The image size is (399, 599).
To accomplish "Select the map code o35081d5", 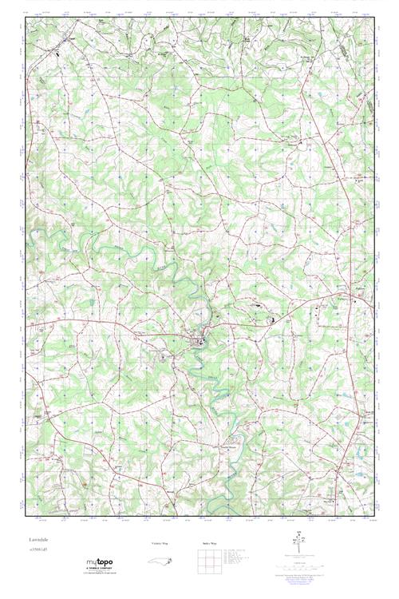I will pos(41,552).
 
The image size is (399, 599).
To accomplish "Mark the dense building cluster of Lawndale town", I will pos(196,342).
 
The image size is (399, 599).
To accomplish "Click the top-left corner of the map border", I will pos(26,17).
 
